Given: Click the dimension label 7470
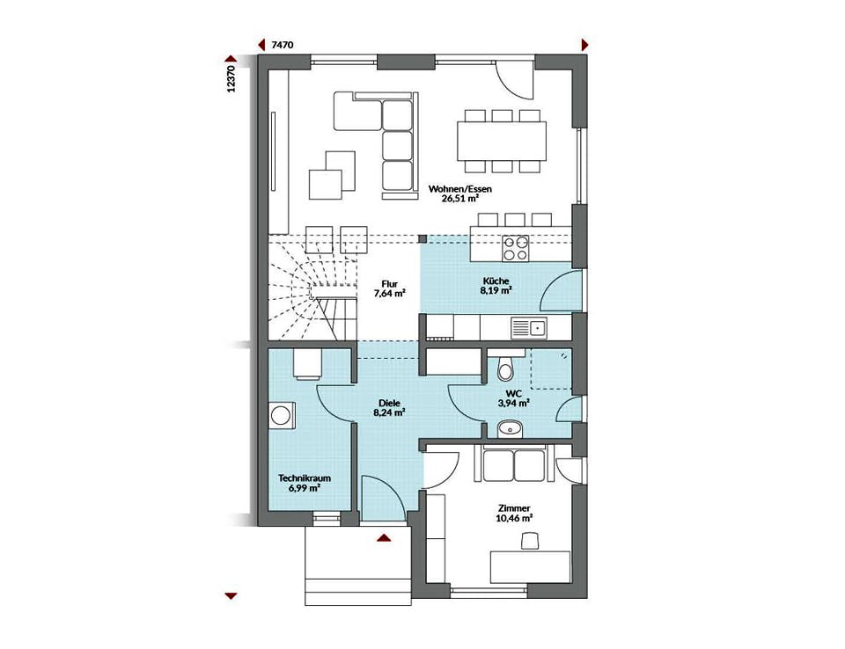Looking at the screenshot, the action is click(x=283, y=45).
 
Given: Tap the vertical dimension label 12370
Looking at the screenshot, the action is click(x=231, y=79).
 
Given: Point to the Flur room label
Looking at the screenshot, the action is click(x=389, y=284).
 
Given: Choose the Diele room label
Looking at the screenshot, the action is click(x=389, y=403).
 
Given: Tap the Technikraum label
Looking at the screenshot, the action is click(x=305, y=478).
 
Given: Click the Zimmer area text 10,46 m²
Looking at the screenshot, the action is click(x=514, y=518).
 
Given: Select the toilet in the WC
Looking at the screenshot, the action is click(x=505, y=368).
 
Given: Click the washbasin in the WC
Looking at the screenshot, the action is click(x=510, y=429).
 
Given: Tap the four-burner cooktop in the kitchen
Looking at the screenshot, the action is click(x=515, y=248).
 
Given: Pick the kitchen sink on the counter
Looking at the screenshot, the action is click(x=529, y=326).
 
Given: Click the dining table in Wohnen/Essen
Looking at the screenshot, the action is click(x=502, y=141).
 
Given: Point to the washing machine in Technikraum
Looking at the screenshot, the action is click(x=281, y=415).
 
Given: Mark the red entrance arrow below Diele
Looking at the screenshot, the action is click(x=384, y=537).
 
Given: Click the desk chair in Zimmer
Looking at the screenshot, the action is click(x=530, y=541).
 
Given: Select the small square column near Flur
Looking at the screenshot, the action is click(x=422, y=238).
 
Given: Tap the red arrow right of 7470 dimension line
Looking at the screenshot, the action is click(x=584, y=45).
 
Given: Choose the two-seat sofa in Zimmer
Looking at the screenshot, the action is click(x=514, y=465).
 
